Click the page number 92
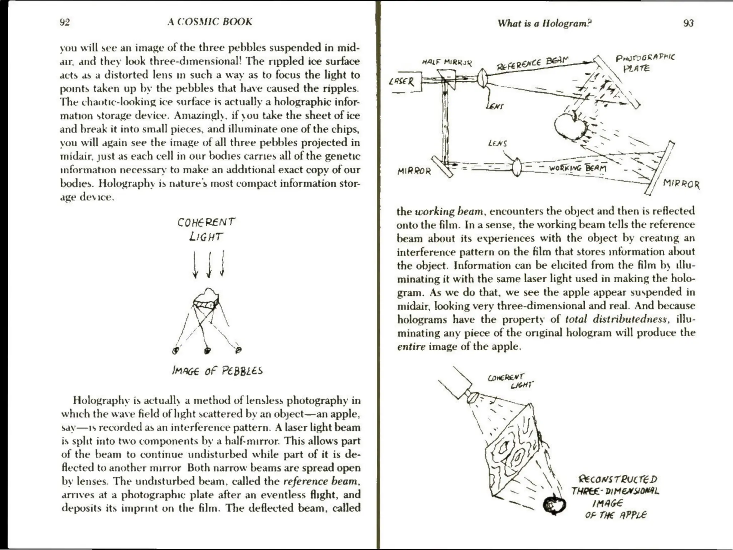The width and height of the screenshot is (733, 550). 64,22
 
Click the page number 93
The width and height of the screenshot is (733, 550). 688,23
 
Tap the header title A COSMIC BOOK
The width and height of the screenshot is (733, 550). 210,22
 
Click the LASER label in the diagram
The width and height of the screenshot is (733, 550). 402,82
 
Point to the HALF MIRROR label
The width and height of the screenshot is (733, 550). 447,62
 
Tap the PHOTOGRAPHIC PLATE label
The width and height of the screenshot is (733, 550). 644,62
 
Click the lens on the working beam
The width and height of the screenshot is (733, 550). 516,167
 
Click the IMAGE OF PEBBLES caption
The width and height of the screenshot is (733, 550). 217,371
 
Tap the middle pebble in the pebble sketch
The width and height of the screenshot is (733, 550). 207,351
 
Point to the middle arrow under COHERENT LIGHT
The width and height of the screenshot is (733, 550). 209,265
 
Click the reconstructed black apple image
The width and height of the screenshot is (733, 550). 554,505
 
